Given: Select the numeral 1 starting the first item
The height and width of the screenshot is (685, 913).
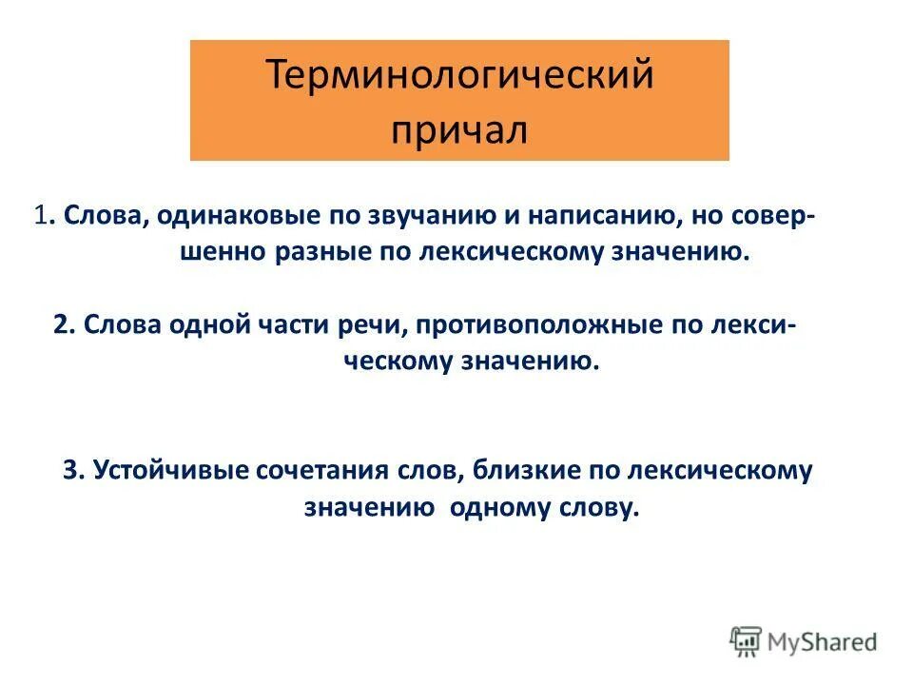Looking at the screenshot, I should tap(40, 215).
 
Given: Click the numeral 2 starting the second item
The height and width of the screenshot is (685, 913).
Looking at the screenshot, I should tap(61, 323).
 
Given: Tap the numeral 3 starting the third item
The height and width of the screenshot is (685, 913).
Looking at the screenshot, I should tap(70, 471).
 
